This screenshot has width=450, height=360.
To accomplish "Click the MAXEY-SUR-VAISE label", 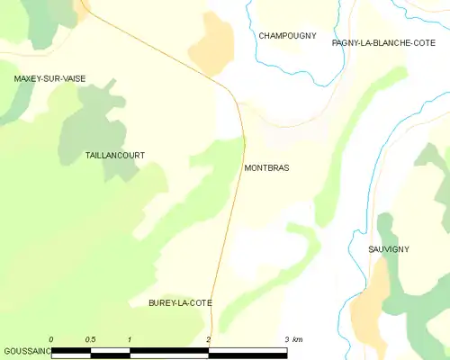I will (x=49, y=79).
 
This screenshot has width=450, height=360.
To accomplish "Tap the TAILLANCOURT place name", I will (x=114, y=156).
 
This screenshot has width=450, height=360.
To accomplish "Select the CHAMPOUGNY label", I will (x=287, y=36).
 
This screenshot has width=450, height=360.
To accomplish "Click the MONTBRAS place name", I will (x=266, y=168).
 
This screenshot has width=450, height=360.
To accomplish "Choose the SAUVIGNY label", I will (x=389, y=247).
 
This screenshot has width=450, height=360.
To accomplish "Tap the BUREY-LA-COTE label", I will (x=180, y=303).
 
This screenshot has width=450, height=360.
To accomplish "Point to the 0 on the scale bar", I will (x=51, y=338).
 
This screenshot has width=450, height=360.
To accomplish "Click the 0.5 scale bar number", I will (x=90, y=338).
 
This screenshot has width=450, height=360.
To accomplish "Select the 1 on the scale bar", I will (x=130, y=338).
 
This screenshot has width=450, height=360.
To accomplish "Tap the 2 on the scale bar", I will (x=209, y=338).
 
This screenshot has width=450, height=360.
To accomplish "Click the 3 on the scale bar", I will (x=287, y=338).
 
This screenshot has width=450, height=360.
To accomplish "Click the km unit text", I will (x=298, y=338).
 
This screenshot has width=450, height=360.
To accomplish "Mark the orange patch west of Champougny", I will (x=211, y=41).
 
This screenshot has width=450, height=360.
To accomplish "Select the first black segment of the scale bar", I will (x=71, y=349).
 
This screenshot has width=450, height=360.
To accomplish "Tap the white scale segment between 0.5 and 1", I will (x=111, y=349).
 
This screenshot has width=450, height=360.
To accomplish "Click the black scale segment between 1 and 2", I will (x=169, y=349).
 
